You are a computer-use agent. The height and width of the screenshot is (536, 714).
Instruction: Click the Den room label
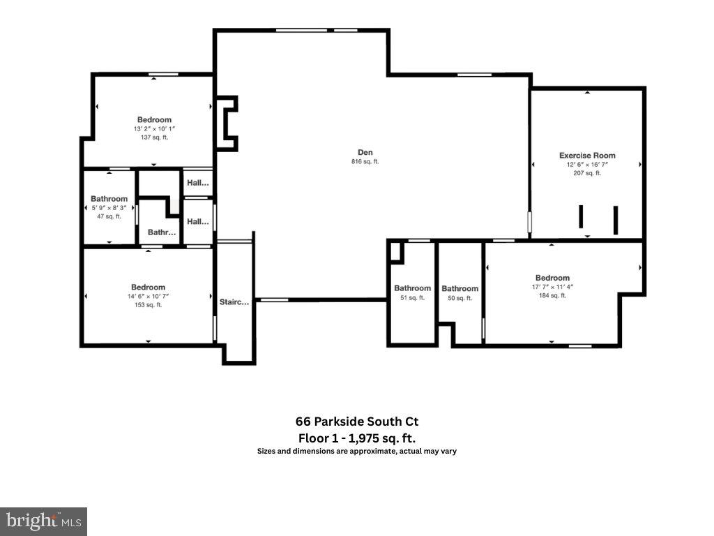click(365, 151)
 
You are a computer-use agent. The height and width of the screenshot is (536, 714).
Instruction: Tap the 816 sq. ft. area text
click(365, 162)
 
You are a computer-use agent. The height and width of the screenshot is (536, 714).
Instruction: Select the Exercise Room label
click(587, 156)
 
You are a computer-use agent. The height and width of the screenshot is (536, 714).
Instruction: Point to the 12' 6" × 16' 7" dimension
click(587, 165)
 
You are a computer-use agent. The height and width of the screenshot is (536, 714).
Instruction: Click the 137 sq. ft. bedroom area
click(154, 137)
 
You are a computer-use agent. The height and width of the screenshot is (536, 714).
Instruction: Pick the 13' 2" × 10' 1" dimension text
click(154, 129)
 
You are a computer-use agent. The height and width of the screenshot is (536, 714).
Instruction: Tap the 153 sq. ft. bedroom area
click(148, 304)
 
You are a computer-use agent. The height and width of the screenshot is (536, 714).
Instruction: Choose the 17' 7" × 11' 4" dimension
click(552, 287)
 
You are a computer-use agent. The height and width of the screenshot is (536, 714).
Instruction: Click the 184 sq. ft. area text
click(552, 295)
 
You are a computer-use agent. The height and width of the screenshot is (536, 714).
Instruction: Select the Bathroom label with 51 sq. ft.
click(412, 288)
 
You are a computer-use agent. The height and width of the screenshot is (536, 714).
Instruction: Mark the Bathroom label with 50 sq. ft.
click(459, 289)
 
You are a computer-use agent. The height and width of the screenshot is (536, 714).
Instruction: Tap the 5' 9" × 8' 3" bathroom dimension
click(109, 208)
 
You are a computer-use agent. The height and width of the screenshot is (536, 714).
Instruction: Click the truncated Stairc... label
click(234, 302)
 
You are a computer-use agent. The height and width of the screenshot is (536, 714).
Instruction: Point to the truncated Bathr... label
click(162, 232)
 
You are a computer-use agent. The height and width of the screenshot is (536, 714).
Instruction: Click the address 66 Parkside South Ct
click(357, 422)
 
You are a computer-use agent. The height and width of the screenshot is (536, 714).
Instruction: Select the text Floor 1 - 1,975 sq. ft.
click(357, 438)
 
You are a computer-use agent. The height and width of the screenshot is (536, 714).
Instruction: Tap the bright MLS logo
click(43, 521)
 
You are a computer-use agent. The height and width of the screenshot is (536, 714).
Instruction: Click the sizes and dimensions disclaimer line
click(357, 452)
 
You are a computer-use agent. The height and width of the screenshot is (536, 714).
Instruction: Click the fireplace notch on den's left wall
click(227, 124)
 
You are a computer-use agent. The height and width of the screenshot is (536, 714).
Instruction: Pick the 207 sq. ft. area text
click(587, 173)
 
